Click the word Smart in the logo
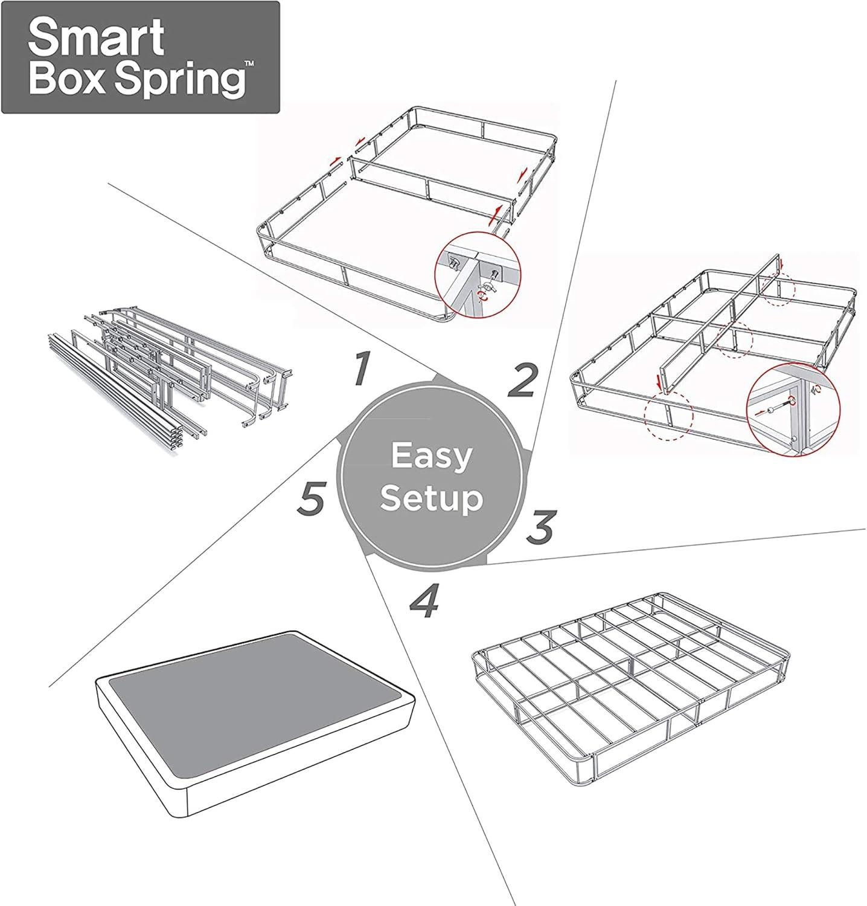point(96,37)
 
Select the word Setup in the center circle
point(431,499)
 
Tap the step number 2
point(521,381)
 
